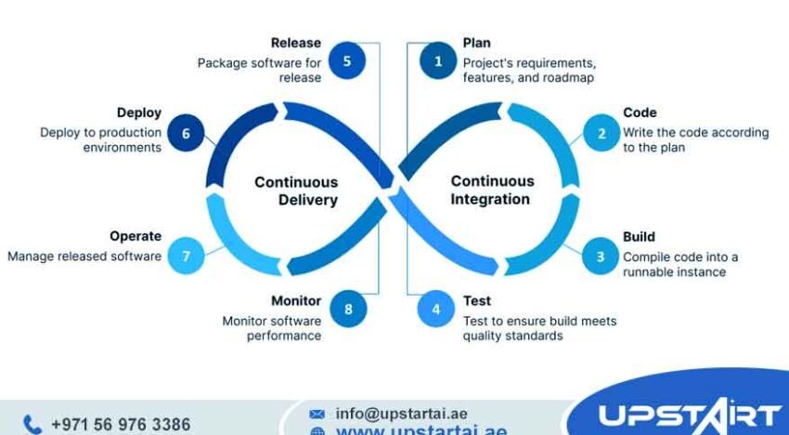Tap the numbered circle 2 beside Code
[x=601, y=133]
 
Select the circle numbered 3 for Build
[x=600, y=257]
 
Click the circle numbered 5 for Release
[x=347, y=61]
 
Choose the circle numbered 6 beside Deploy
[x=186, y=133]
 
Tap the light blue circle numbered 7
[x=186, y=257]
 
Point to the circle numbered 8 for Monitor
[x=348, y=310]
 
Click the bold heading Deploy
[x=139, y=112]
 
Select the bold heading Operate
[x=136, y=236]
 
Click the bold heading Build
[x=639, y=236]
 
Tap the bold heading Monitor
[x=296, y=301]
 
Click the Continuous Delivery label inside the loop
[x=296, y=191]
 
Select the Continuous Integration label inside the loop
[x=492, y=190]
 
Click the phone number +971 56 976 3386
[x=121, y=425]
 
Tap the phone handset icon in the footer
[x=32, y=425]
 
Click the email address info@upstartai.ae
[x=402, y=414]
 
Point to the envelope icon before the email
[x=317, y=414]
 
